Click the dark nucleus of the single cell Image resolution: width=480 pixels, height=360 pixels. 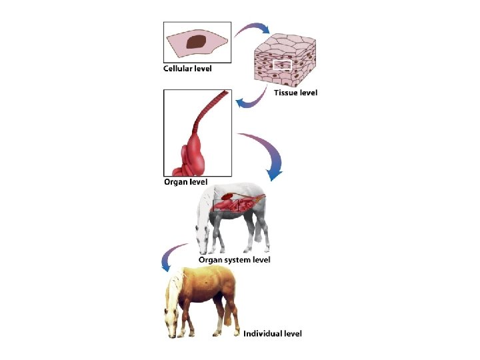pos(195,42)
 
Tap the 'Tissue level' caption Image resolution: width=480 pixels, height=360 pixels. pos(295,93)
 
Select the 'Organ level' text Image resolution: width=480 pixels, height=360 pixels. pos(185,182)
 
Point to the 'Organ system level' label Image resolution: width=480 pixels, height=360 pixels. pos(234,259)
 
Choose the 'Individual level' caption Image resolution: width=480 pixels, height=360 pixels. pos(272,333)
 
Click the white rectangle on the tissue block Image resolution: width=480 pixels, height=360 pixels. pos(282,65)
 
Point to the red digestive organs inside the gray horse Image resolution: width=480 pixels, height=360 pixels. pos(237,203)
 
